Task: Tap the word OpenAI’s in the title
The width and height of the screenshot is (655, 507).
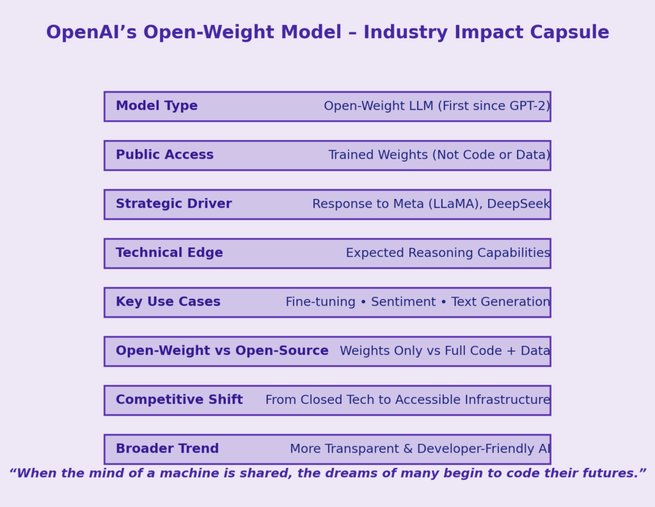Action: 91,33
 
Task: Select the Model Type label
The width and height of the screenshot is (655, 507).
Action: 157,106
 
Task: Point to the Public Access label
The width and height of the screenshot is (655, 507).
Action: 164,155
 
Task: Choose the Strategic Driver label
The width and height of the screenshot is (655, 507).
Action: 174,204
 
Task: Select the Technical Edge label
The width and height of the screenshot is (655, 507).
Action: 169,253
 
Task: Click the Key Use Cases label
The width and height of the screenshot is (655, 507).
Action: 168,302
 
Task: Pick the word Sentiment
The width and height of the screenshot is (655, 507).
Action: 403,302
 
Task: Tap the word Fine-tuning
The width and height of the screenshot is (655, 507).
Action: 320,302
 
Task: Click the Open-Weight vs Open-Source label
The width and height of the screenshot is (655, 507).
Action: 222,351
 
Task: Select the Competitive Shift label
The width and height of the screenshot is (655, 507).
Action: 179,400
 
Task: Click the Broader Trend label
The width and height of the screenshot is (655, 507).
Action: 167,449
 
